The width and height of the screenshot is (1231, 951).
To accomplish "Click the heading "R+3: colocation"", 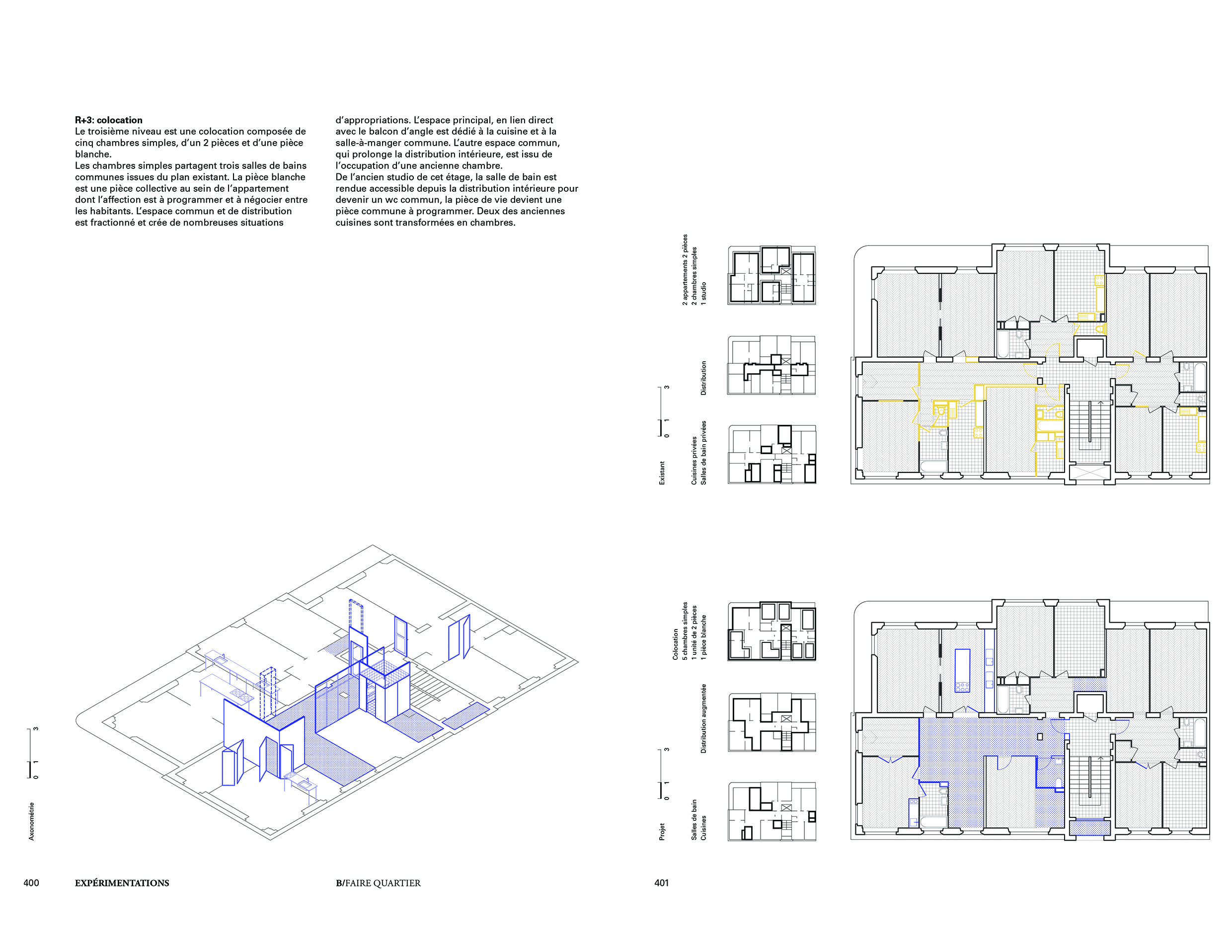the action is [109, 120].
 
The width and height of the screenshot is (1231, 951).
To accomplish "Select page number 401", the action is [661, 883].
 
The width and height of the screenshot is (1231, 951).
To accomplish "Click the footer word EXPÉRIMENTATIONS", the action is [122, 883].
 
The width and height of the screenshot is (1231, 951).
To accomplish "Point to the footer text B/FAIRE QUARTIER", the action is [378, 883].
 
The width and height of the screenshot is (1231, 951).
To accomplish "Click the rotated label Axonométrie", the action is [32, 821].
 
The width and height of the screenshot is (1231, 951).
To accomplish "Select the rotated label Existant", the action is [662, 473].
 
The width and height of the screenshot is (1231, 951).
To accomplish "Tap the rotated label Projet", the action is [662, 831].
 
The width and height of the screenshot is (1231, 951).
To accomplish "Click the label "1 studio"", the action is [703, 294].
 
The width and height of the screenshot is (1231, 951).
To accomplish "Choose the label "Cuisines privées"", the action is [694, 460].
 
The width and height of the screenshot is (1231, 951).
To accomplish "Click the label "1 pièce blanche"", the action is [703, 637].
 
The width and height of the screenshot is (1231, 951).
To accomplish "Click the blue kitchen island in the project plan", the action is [962, 671].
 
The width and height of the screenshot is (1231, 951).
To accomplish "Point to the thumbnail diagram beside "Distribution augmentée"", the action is [771, 722].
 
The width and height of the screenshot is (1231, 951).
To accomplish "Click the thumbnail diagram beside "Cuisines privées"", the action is [771, 454].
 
